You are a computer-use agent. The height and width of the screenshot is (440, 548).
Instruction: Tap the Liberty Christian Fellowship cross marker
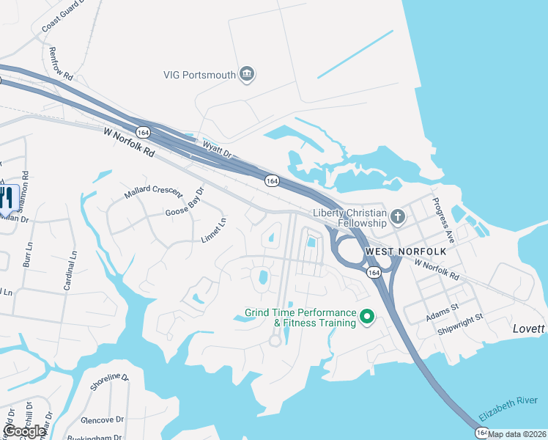[x=398, y=217]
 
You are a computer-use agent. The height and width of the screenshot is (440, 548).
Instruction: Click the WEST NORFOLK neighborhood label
[x=396, y=251]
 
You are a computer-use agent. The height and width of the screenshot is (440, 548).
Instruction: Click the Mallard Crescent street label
[x=152, y=191]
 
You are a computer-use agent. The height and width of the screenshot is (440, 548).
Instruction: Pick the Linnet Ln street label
[x=214, y=230]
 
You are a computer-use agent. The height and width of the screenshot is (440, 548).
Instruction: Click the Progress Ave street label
[x=444, y=220]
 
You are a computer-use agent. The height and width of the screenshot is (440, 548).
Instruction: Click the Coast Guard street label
[x=64, y=15]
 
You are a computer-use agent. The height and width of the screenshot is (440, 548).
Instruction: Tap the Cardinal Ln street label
[x=69, y=271]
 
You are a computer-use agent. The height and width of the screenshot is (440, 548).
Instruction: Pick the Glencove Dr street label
[x=103, y=419]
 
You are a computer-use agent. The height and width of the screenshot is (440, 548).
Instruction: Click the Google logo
[x=24, y=430]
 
